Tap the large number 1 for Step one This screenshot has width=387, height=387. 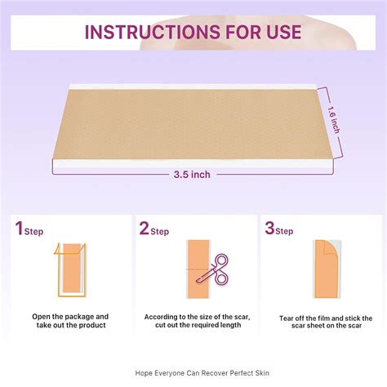[18, 229]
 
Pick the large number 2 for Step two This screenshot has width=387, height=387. [144, 229]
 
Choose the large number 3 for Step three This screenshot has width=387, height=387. [269, 229]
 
